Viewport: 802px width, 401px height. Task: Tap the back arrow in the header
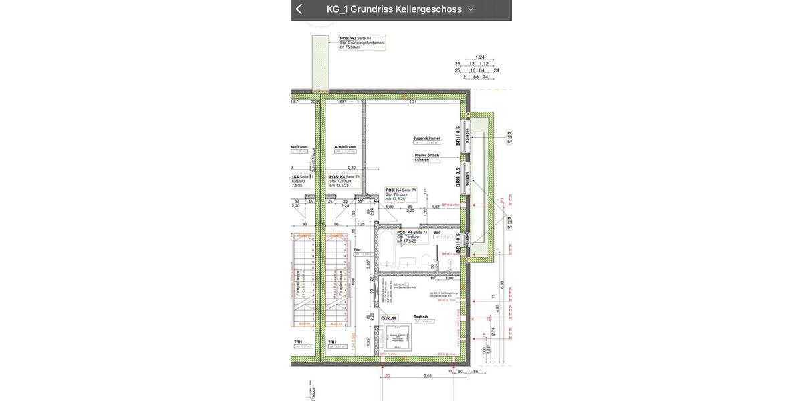pos(299,9)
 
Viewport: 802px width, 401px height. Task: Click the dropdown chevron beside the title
pos(471,9)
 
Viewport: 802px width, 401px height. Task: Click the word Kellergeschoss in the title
pos(428,9)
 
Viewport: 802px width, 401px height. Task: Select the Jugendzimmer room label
pos(426,137)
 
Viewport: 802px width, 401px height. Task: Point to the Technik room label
pos(421,317)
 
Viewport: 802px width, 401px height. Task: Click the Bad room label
pos(437,232)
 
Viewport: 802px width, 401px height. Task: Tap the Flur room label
pos(357,249)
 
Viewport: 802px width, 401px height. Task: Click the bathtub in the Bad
pos(388,251)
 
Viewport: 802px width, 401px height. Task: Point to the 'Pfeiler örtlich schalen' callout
pos(426,158)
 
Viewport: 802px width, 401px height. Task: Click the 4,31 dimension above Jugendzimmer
pos(412,102)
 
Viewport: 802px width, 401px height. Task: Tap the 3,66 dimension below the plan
pos(428,376)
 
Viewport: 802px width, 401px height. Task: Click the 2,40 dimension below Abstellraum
pos(352,168)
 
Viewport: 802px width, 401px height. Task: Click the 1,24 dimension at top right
pos(479,57)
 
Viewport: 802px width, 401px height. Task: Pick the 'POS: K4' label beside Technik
pos(389,318)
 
